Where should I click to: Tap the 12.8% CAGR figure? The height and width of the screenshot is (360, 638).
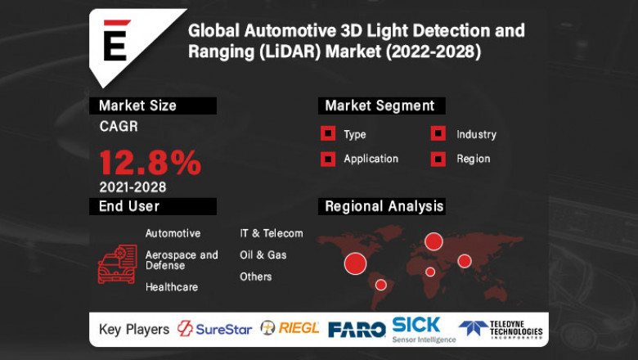(150, 162)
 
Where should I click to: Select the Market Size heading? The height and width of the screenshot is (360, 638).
(137, 106)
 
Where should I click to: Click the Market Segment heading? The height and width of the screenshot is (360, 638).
(380, 106)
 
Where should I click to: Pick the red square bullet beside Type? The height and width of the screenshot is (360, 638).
(327, 134)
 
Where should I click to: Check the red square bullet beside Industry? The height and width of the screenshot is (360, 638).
(438, 134)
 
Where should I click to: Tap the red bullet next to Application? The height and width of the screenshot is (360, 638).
(327, 159)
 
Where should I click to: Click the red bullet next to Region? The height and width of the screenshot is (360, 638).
(438, 159)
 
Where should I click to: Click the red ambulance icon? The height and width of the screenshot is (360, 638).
(117, 263)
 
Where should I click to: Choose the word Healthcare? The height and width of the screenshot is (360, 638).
(171, 287)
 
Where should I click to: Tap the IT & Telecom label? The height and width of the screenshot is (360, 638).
(271, 233)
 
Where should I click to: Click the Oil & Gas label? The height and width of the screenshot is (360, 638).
(263, 255)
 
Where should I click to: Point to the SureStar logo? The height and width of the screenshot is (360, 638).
(214, 328)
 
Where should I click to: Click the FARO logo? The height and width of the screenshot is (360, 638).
(357, 329)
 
